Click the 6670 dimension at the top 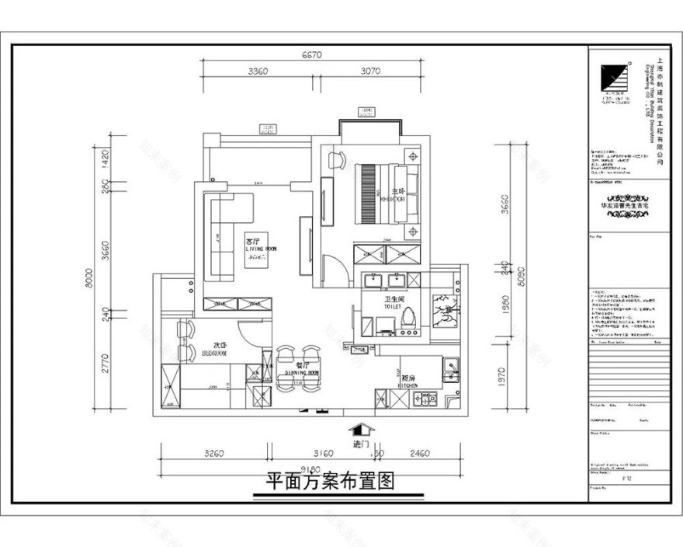(x=311, y=55)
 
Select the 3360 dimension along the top (x=258, y=71)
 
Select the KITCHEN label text (x=408, y=385)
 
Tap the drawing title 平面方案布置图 (x=331, y=482)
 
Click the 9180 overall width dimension (x=311, y=469)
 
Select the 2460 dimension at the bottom (x=420, y=452)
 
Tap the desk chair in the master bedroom (x=336, y=160)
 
